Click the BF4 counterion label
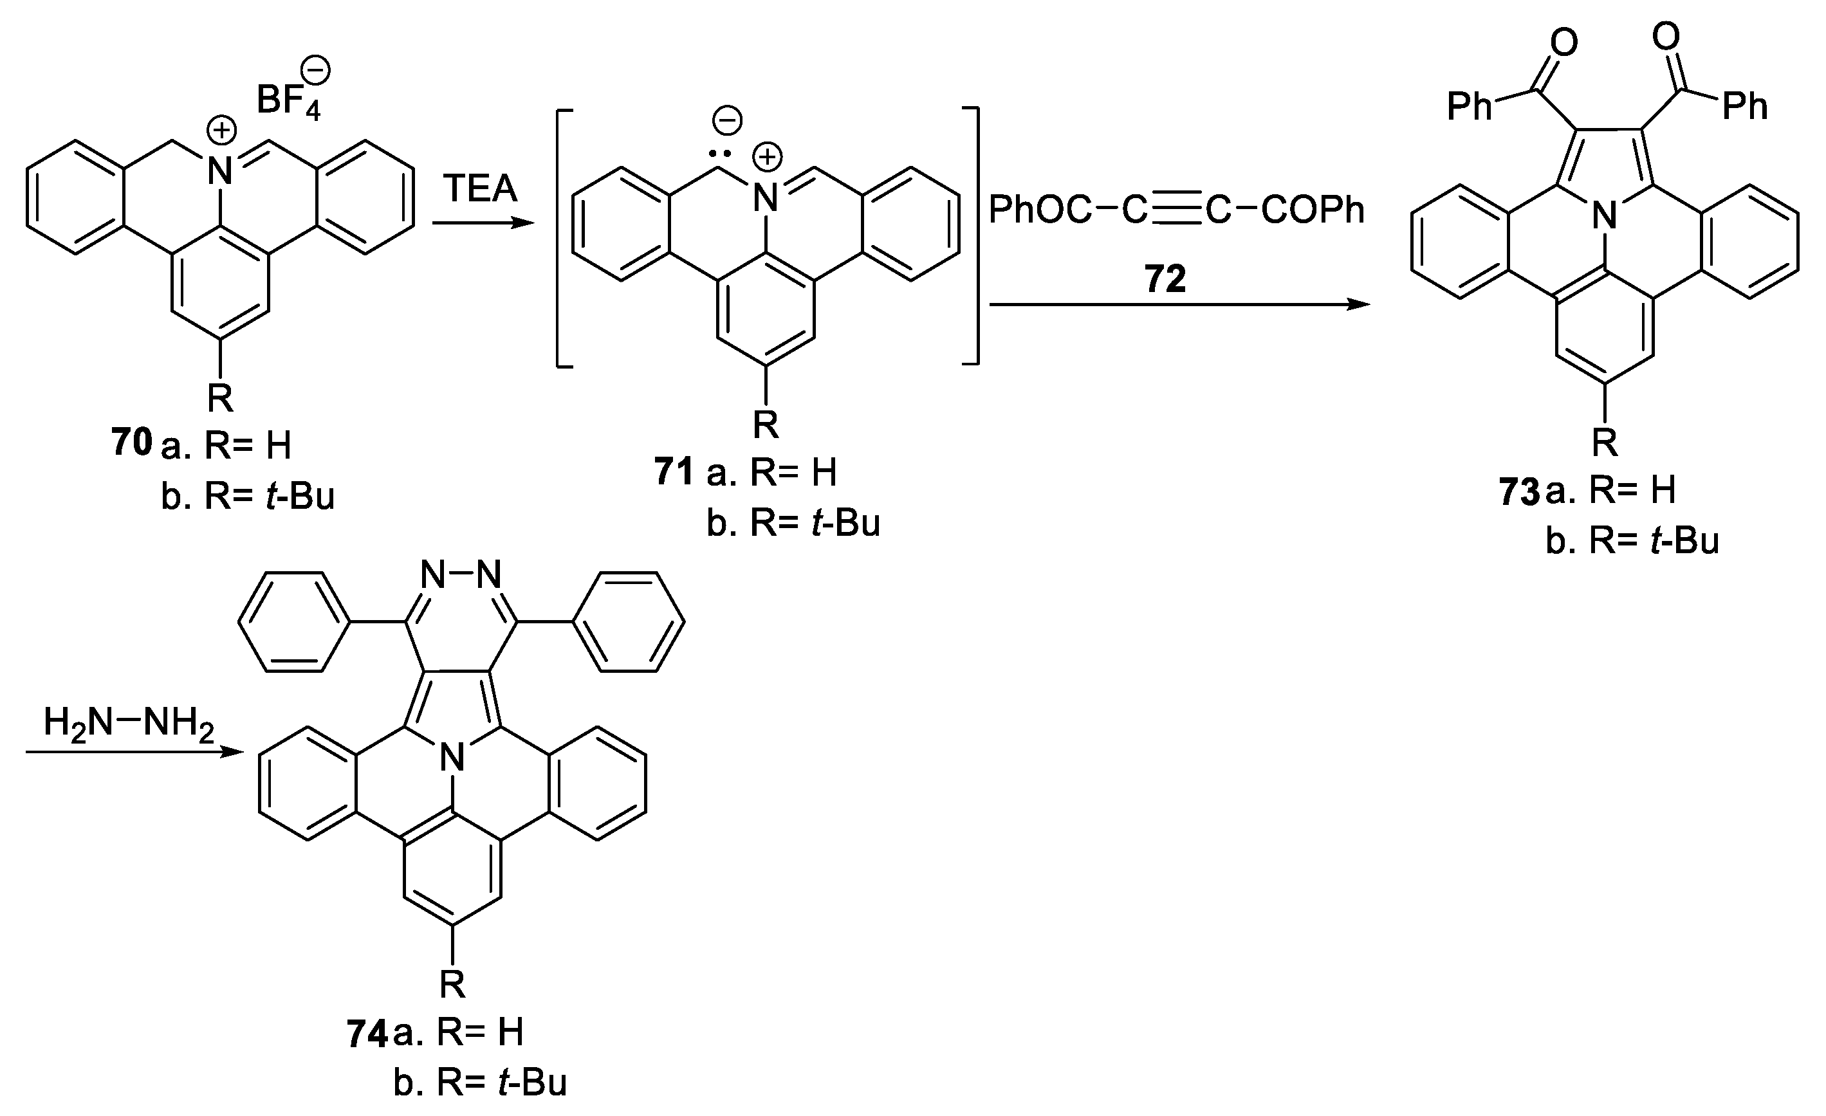[x=288, y=100]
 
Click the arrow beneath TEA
[x=483, y=223]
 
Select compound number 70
[x=132, y=443]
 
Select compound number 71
[x=674, y=471]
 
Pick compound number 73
[x=1519, y=492]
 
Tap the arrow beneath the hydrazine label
[x=133, y=752]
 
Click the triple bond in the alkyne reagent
[x=1176, y=210]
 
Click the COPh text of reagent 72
[x=1313, y=210]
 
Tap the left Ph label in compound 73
[x=1469, y=107]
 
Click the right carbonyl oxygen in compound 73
[x=1666, y=35]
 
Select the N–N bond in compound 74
[x=461, y=574]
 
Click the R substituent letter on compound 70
[x=220, y=398]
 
